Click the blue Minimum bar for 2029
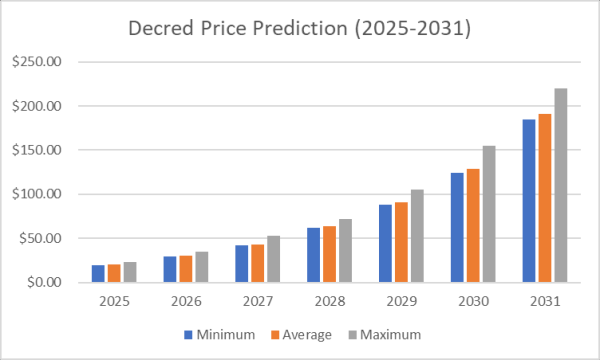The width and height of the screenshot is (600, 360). [x=385, y=244]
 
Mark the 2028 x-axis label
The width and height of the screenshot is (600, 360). [x=329, y=299]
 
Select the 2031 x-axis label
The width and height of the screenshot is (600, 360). [x=546, y=299]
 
